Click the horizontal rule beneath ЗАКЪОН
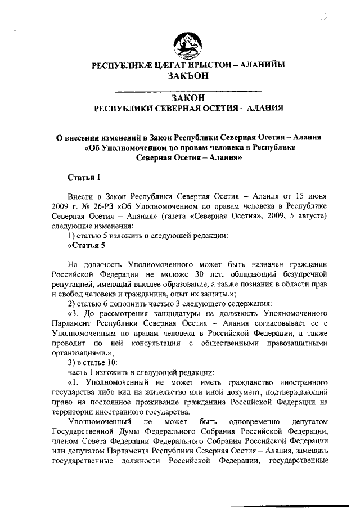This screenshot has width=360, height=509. (x=188, y=91)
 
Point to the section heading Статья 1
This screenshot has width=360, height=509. (x=84, y=178)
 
